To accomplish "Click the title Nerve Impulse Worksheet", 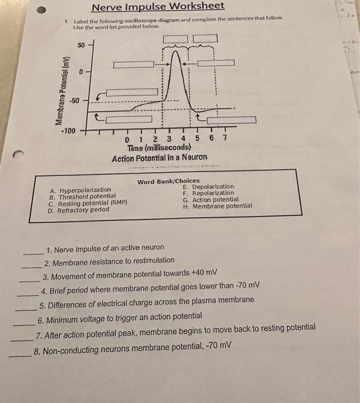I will tap(158, 6).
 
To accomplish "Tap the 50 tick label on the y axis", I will tap(81, 45).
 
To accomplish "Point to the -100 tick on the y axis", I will tap(69, 131).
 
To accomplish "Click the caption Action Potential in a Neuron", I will tap(160, 158).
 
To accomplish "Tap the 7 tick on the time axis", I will tap(225, 138).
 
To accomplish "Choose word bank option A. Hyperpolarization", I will tap(81, 190).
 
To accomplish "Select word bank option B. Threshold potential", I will tap(83, 196).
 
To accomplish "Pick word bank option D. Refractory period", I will tap(79, 210).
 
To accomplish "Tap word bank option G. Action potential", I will tap(210, 200).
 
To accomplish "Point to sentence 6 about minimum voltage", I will tap(120, 317).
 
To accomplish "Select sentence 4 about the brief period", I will tap(150, 286).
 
